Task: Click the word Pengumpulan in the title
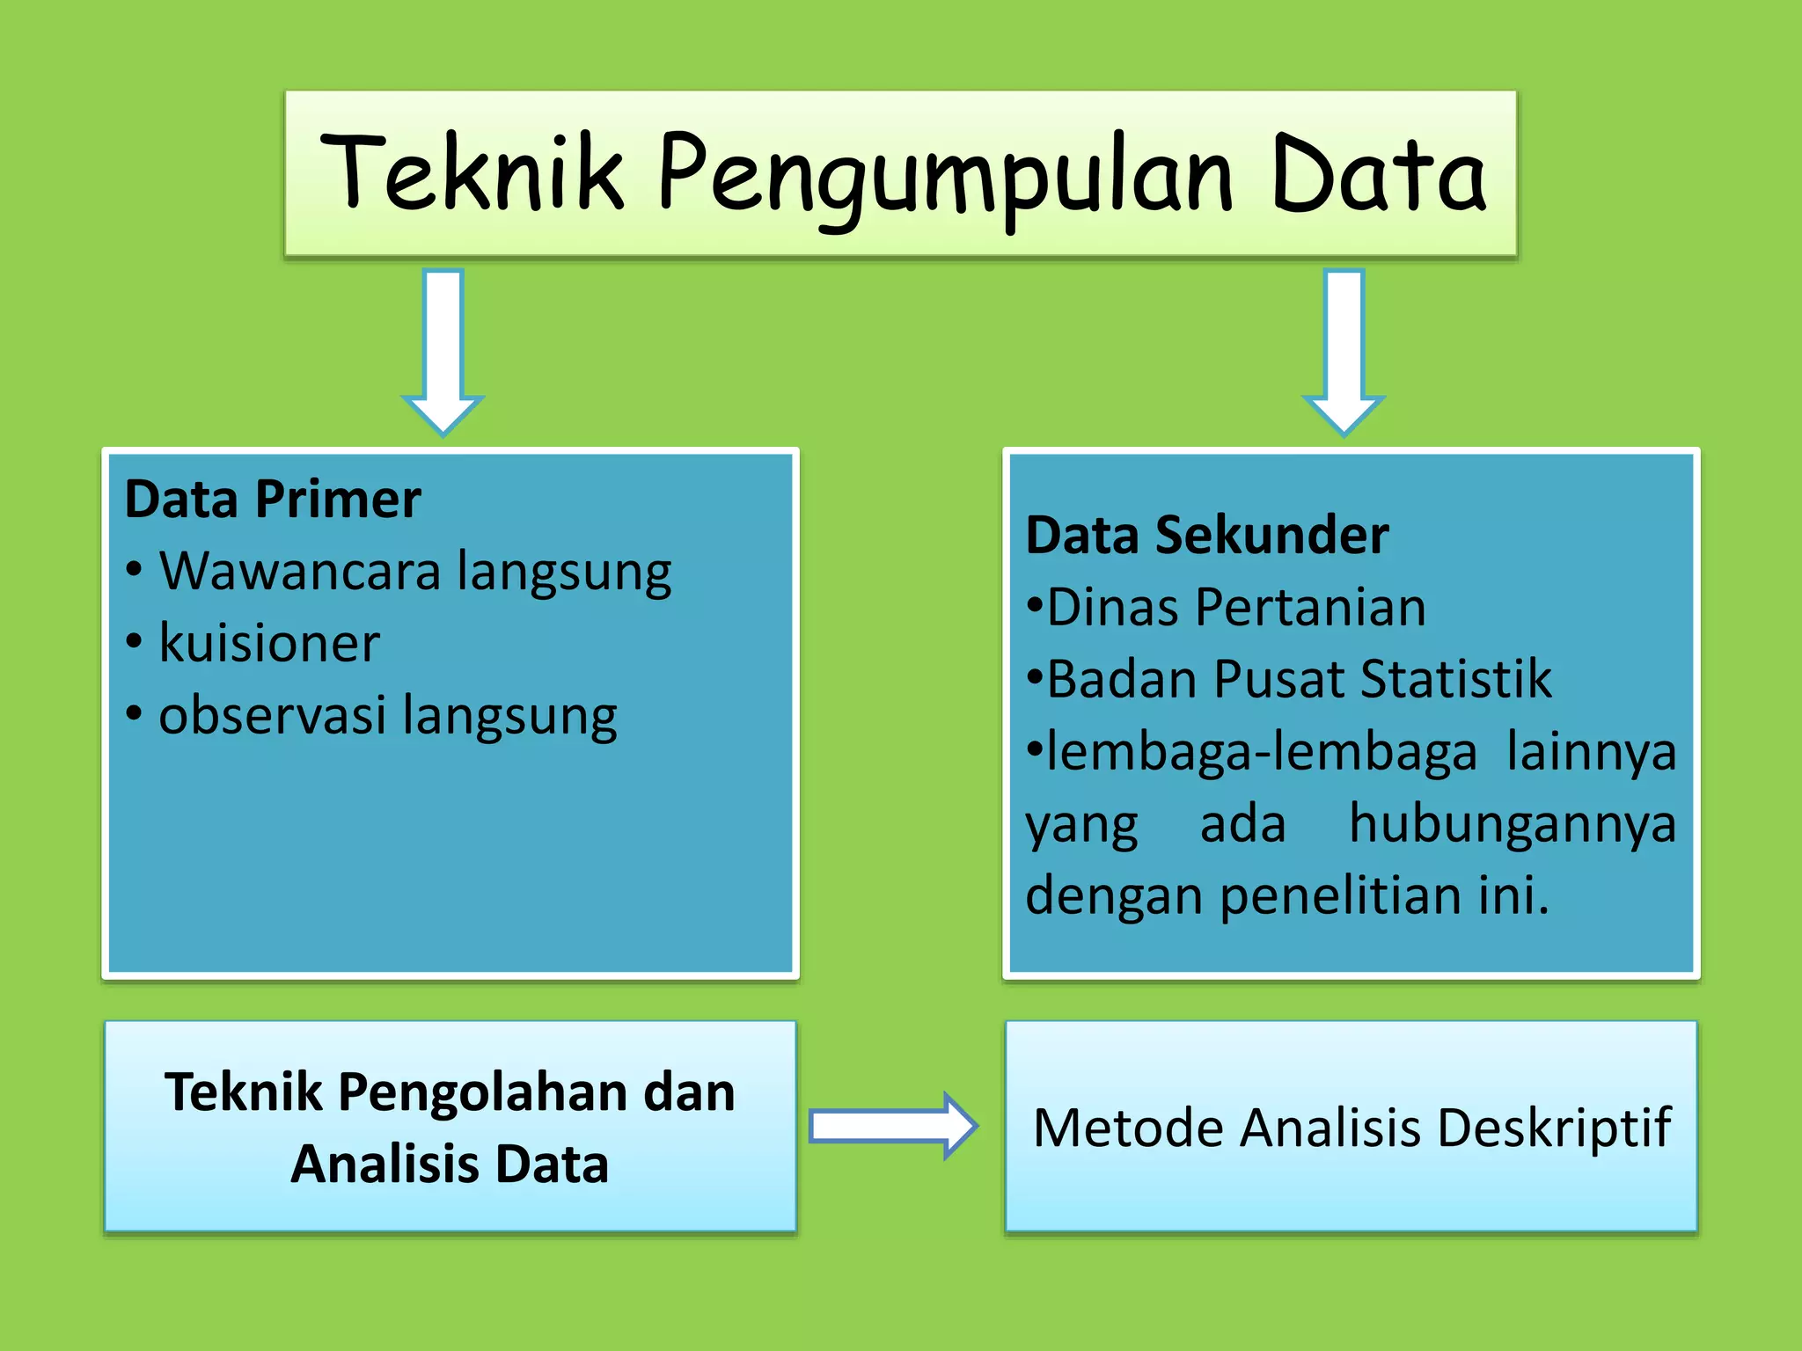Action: pos(946,176)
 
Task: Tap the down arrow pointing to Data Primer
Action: pos(443,352)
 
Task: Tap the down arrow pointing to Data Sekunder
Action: pos(1344,352)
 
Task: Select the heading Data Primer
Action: pos(273,500)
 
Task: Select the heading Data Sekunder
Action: pos(1207,536)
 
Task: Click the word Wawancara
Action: pos(299,572)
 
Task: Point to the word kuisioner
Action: pos(269,644)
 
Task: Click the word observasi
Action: pos(272,715)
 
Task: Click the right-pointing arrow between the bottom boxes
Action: pos(892,1126)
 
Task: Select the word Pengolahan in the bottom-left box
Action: pos(482,1093)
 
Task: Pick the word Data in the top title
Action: pos(1378,174)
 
